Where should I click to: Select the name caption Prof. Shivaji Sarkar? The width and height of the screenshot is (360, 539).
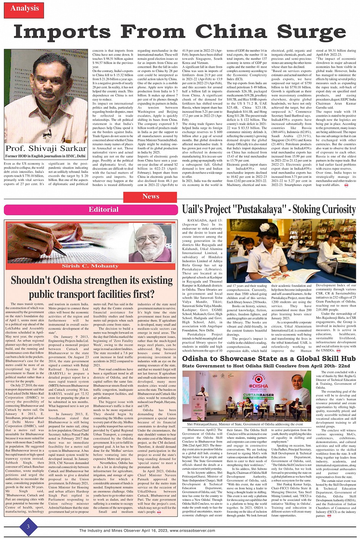[46, 149]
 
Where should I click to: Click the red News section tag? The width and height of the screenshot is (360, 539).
[151, 197]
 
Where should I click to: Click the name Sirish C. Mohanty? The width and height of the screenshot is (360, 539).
[90, 266]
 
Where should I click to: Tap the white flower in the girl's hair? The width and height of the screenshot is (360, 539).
[264, 228]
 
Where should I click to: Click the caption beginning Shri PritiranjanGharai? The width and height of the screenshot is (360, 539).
[245, 424]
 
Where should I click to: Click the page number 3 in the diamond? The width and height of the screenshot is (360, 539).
[28, 527]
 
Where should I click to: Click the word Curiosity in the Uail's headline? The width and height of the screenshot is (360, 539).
[334, 210]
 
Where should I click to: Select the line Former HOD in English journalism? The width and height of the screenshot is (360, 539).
[46, 157]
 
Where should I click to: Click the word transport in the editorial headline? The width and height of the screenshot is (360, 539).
[77, 294]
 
